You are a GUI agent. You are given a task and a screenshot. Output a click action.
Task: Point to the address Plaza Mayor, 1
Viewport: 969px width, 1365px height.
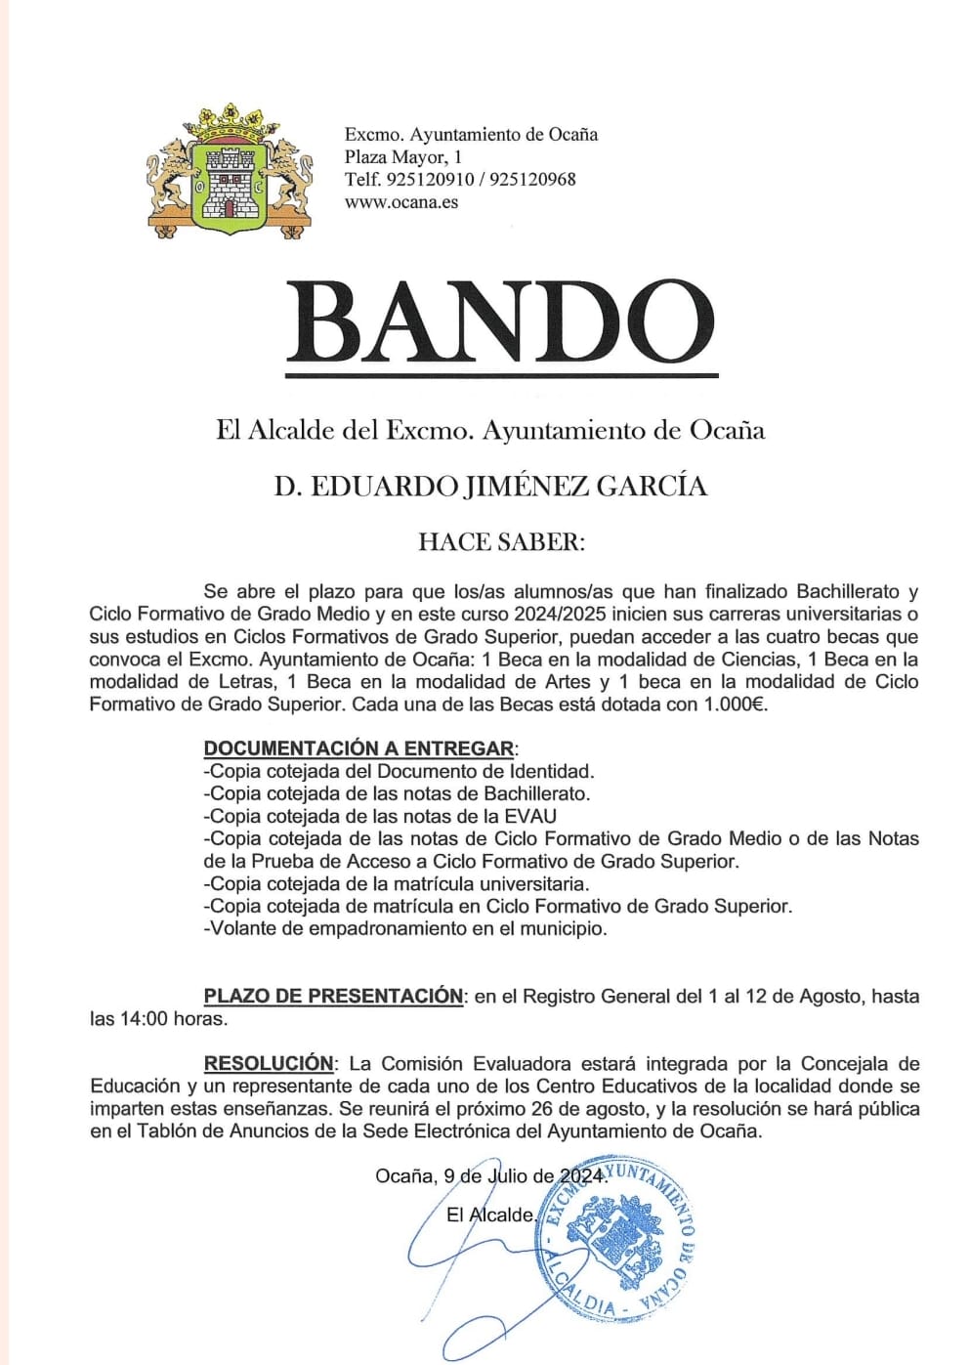[x=402, y=157]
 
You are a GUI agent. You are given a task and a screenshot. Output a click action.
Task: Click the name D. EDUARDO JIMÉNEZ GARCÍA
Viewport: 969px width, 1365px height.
[x=489, y=486]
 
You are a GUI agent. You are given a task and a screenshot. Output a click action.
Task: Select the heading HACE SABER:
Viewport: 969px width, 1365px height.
[x=501, y=542]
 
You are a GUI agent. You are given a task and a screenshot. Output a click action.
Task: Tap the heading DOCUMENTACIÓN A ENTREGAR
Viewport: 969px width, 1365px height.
[x=358, y=748]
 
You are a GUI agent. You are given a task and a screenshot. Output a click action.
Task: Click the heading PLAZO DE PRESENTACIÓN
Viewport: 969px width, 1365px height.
[x=333, y=996]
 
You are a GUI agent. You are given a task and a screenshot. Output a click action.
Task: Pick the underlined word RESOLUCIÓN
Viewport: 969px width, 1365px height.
[x=269, y=1063]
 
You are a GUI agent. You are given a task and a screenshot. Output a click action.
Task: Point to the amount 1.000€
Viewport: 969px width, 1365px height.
[x=734, y=704]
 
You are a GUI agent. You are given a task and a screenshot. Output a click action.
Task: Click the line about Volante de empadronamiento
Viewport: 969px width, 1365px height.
[x=405, y=928]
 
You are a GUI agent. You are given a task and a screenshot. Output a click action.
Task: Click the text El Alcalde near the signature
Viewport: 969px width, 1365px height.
[x=490, y=1215]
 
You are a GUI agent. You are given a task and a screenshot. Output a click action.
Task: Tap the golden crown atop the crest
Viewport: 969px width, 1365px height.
[x=232, y=123]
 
